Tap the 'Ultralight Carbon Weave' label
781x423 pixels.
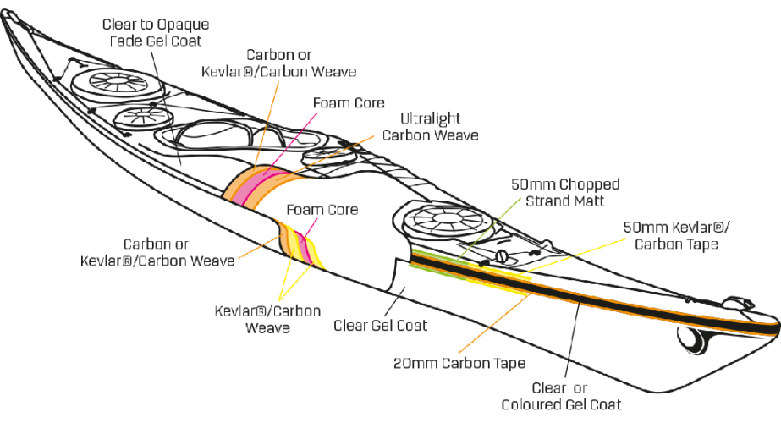(x=431, y=127)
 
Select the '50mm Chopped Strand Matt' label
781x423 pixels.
(x=566, y=192)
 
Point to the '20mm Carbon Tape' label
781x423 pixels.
(x=460, y=364)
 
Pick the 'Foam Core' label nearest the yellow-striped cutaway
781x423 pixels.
(x=321, y=208)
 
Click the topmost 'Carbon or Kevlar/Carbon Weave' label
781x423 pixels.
(x=278, y=63)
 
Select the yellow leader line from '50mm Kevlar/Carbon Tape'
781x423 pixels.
(x=575, y=258)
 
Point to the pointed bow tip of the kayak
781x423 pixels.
(x=5, y=14)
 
